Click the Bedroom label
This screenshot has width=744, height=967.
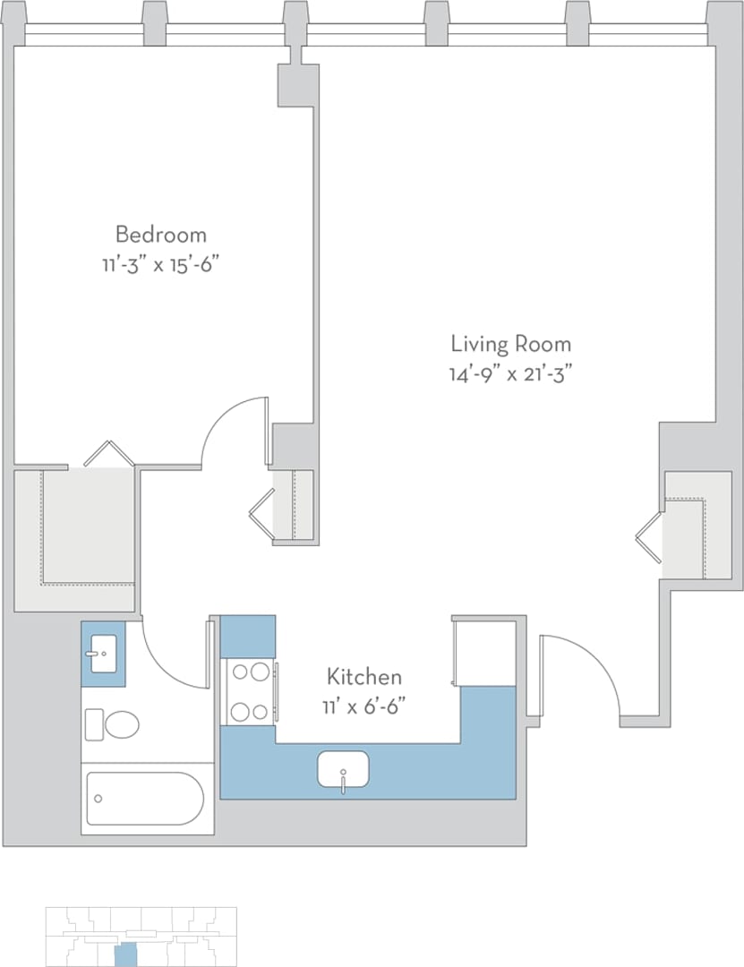click(161, 235)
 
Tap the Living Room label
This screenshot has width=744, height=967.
click(510, 344)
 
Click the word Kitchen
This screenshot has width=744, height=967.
click(363, 676)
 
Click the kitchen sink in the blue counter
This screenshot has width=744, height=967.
click(343, 769)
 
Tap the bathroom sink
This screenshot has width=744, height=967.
click(103, 654)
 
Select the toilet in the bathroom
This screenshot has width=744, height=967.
click(114, 723)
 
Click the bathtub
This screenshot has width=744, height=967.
click(146, 799)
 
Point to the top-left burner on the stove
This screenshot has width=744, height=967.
click(240, 672)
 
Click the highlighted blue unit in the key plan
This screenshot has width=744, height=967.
click(126, 954)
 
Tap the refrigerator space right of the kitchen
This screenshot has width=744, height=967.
click(484, 652)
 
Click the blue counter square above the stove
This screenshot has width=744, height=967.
click(247, 636)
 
